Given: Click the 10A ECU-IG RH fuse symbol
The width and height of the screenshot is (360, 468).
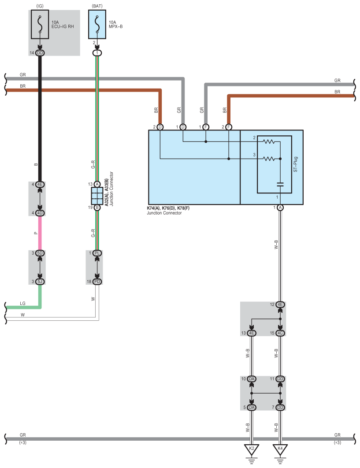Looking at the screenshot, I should (x=40, y=26).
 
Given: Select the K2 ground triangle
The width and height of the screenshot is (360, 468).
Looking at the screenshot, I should (x=252, y=450).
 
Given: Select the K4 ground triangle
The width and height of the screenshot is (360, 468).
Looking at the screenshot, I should (x=280, y=450).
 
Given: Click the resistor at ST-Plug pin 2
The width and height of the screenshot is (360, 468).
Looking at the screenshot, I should (x=269, y=142).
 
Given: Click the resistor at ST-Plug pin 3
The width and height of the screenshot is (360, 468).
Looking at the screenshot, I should (x=269, y=159).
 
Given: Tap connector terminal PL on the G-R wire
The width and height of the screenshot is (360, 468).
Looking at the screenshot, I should (x=97, y=253).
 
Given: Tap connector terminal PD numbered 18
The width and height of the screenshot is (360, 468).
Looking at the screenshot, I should (x=97, y=281).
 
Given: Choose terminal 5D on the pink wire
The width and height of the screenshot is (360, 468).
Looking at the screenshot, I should (x=40, y=253).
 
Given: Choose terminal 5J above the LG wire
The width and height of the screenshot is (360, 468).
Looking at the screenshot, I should (x=40, y=281).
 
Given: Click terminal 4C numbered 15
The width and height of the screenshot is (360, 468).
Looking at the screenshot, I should (x=280, y=333).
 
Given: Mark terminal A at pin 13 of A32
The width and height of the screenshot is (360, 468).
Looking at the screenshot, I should (x=97, y=184).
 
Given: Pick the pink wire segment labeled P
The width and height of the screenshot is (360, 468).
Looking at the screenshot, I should (x=40, y=233).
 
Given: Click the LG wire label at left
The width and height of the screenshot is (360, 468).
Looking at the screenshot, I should (x=23, y=304).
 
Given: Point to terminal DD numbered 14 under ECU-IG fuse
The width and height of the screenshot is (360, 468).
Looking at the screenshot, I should (x=40, y=53).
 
